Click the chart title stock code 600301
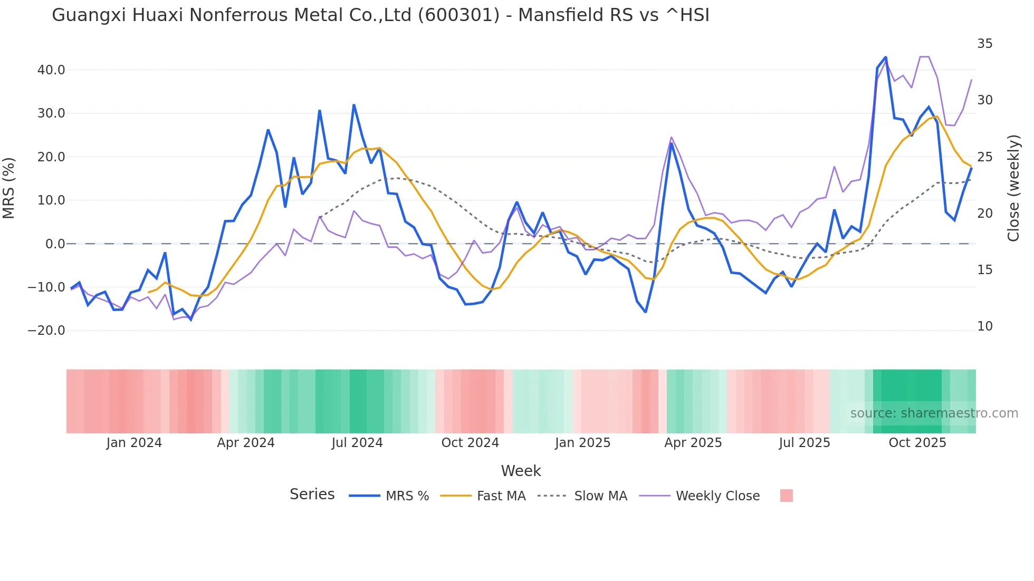click(x=458, y=15)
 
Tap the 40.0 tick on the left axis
click(x=51, y=70)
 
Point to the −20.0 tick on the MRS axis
click(x=46, y=331)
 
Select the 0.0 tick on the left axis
click(x=55, y=244)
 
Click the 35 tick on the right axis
click(x=984, y=44)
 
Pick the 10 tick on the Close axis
click(x=984, y=326)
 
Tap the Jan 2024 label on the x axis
click(x=134, y=443)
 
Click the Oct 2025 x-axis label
click(x=917, y=443)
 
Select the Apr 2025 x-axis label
click(x=693, y=443)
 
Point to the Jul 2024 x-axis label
click(x=357, y=443)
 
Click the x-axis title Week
click(x=521, y=471)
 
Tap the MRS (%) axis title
click(x=9, y=188)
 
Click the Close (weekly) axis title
click(x=1013, y=188)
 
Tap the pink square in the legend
click(x=786, y=496)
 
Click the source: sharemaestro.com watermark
click(x=934, y=413)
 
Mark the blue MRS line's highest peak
click(x=885, y=57)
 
